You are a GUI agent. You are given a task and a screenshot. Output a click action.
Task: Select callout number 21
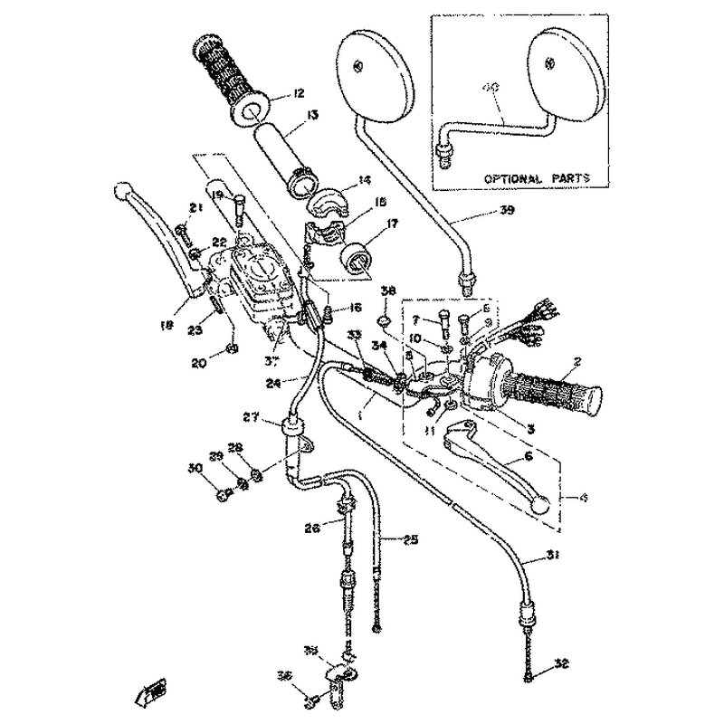click(194, 209)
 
